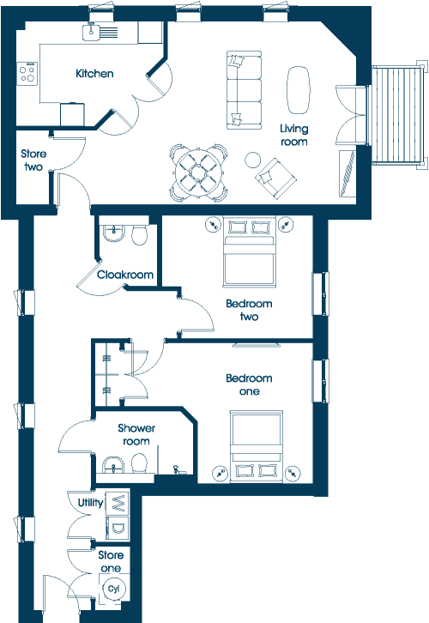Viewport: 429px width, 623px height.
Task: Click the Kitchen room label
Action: (x=94, y=74)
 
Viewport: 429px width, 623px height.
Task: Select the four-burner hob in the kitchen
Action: (x=27, y=74)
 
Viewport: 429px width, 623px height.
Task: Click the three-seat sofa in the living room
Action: (x=244, y=90)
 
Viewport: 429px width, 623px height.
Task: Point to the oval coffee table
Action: (x=298, y=90)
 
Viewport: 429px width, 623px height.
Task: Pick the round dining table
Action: (x=198, y=172)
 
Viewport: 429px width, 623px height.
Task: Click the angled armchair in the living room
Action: (x=275, y=178)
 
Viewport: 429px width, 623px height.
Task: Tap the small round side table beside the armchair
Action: (x=252, y=160)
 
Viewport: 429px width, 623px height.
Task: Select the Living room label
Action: (x=294, y=135)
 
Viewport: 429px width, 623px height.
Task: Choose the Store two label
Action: (x=33, y=160)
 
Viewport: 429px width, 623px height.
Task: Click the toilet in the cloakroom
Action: (x=139, y=235)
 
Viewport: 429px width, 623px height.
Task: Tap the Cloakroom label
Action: (x=125, y=275)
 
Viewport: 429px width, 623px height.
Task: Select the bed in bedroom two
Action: (x=249, y=251)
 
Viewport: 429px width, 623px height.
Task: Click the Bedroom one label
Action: (x=249, y=384)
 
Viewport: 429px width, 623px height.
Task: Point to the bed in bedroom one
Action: (x=257, y=446)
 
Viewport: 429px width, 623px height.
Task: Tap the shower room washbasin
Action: (x=113, y=465)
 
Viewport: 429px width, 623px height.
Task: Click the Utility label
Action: (x=91, y=503)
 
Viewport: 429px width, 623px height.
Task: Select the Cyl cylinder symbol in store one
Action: (x=113, y=589)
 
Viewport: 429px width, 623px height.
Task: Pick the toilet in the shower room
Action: (x=139, y=463)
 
